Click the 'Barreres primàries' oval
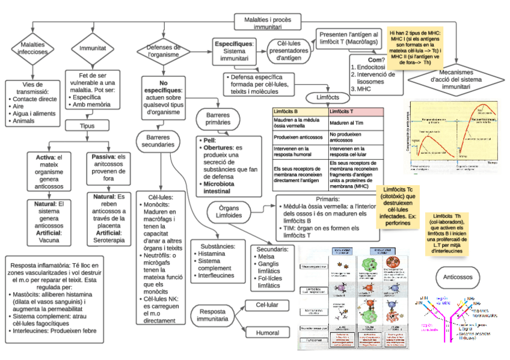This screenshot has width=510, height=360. [x=218, y=118]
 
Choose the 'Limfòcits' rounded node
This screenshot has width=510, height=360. [x=327, y=97]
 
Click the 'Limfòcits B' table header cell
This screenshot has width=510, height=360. [x=300, y=112]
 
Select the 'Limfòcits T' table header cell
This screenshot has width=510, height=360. [x=355, y=112]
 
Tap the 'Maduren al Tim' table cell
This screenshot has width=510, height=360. [x=355, y=123]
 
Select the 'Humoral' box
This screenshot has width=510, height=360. [x=268, y=332]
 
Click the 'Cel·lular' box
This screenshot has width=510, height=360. [x=268, y=305]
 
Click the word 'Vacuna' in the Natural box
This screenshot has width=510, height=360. [x=49, y=240]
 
